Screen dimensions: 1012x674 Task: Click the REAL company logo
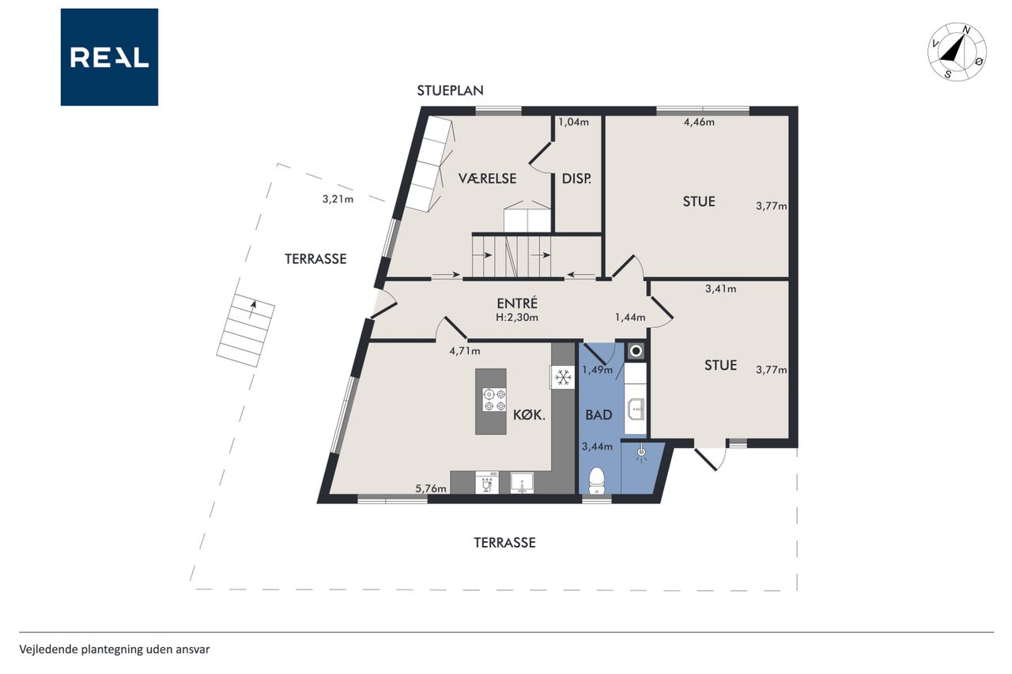tap(109, 57)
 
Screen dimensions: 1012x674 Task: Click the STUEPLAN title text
tap(450, 91)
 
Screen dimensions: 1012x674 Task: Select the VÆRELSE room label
tap(488, 179)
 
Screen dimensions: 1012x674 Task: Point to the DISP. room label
tap(576, 179)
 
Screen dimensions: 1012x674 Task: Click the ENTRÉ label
tap(517, 303)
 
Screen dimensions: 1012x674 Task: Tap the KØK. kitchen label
tap(529, 415)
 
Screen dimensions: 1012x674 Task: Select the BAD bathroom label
tap(599, 415)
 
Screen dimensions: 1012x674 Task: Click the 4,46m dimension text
tap(699, 122)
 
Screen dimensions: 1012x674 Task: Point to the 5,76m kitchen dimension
tap(431, 488)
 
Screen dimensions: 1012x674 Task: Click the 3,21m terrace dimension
tap(338, 199)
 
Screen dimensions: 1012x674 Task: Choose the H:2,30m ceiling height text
tap(517, 318)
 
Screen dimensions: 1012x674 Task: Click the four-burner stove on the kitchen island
tap(494, 400)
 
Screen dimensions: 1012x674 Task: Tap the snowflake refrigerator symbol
tap(562, 377)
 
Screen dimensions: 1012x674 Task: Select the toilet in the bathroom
tap(597, 480)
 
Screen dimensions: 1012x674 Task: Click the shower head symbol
tap(641, 453)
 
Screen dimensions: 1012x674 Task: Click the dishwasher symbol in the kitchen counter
tap(487, 483)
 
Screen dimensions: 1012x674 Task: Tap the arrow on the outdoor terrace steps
tap(252, 311)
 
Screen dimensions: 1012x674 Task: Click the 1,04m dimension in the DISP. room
tap(574, 122)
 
